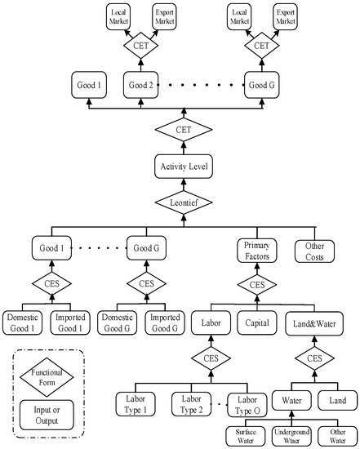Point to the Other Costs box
click(313, 250)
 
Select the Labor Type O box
click(246, 404)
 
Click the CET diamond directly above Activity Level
click(184, 131)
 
